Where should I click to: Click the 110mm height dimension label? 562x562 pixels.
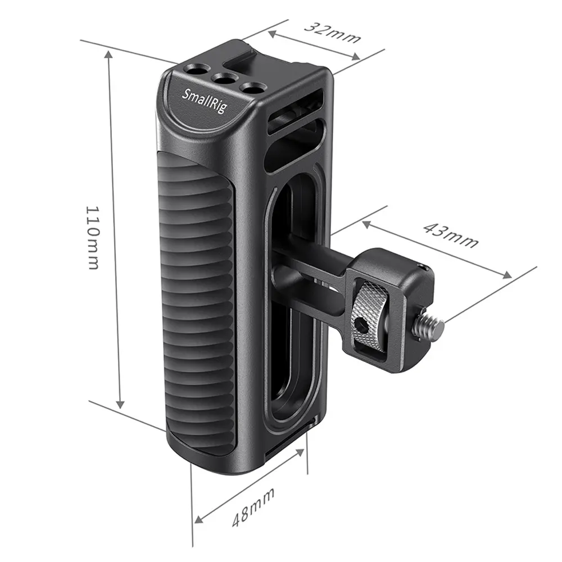pos(93,237)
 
